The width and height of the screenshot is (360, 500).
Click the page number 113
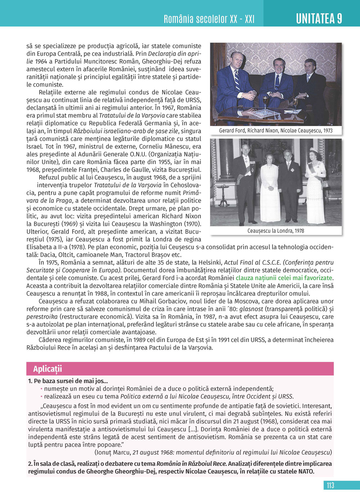(330, 485)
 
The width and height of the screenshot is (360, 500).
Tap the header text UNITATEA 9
(319, 18)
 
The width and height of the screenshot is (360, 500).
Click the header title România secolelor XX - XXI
(209, 19)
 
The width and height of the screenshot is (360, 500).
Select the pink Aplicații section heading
(48, 369)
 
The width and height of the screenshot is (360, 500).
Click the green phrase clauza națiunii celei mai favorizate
(284, 278)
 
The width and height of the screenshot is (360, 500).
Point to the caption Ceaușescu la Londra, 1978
(276, 231)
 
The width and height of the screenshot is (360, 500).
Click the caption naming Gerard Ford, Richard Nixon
(276, 131)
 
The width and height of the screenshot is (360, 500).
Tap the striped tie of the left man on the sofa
(237, 80)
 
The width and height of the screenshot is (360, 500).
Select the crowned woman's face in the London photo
(314, 155)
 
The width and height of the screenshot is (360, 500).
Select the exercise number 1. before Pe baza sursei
(30, 381)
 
